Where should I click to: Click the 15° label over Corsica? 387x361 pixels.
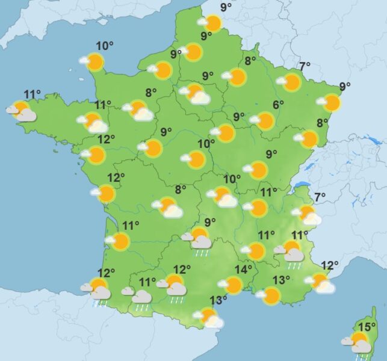tap(367, 327)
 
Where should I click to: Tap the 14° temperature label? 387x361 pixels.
tap(243, 269)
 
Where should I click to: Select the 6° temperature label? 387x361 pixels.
tap(277, 105)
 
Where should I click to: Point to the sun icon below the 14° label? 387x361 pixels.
tap(234, 285)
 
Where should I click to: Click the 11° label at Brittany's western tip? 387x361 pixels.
tap(33, 94)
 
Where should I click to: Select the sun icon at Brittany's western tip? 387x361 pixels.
tap(21, 110)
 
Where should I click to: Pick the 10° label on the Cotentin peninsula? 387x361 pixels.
tap(105, 46)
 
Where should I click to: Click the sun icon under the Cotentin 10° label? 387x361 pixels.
tap(94, 61)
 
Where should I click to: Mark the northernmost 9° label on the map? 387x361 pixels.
tap(226, 7)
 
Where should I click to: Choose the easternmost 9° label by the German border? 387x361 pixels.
tap(345, 85)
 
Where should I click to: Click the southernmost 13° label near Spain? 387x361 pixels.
tap(218, 300)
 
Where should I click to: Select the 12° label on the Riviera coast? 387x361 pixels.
tap(330, 265)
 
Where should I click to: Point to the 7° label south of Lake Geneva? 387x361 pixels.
tap(319, 196)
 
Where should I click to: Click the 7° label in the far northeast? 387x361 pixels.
tap(305, 66)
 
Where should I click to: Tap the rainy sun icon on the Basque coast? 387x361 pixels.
tap(99, 289)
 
